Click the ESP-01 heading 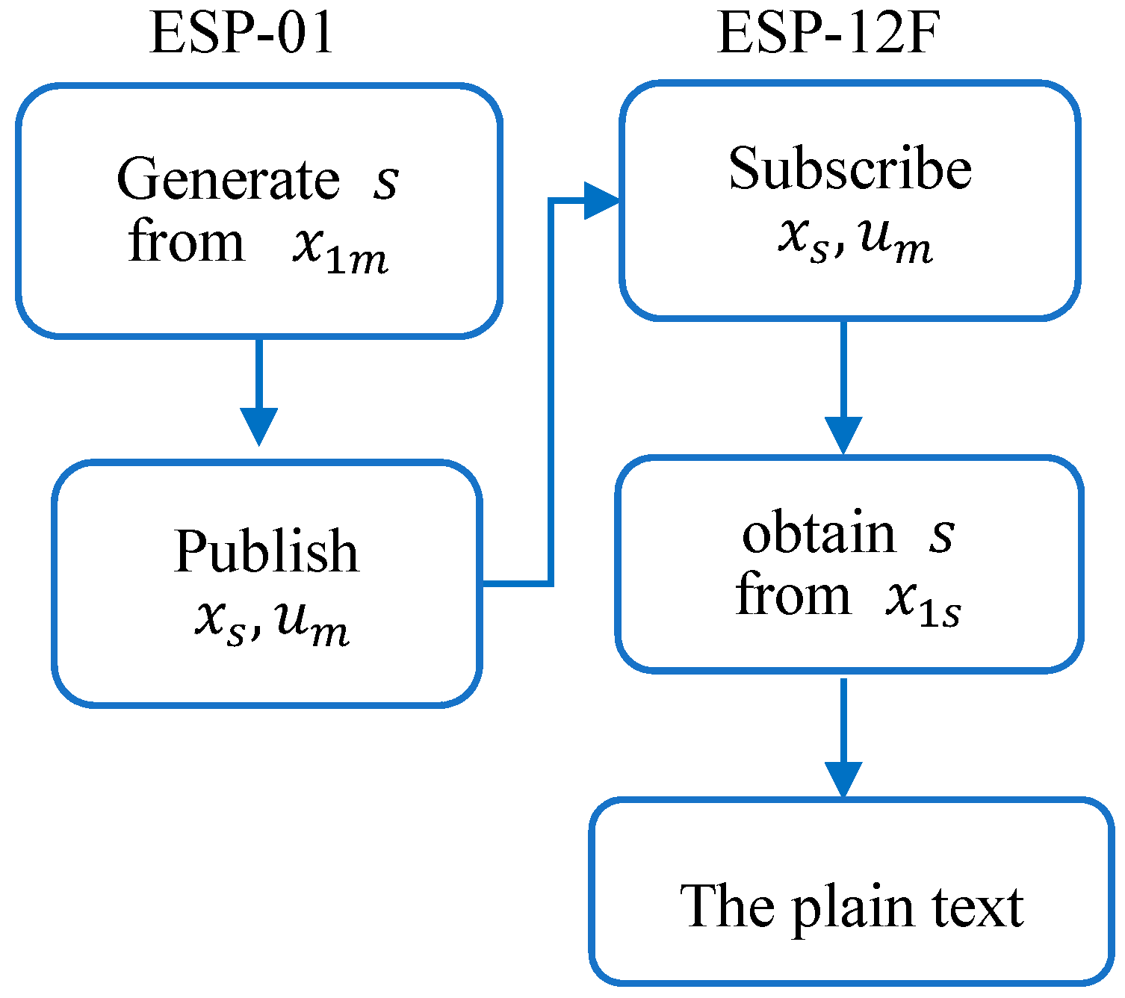point(241,34)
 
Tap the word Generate point(228,180)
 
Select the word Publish point(266,553)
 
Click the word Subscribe point(849,169)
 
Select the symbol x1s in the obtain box point(923,602)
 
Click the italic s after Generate point(386,182)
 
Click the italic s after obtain point(941,535)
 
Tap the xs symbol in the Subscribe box point(803,240)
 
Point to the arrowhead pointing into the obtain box point(843,435)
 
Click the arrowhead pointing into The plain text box point(843,780)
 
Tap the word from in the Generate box point(186,243)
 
